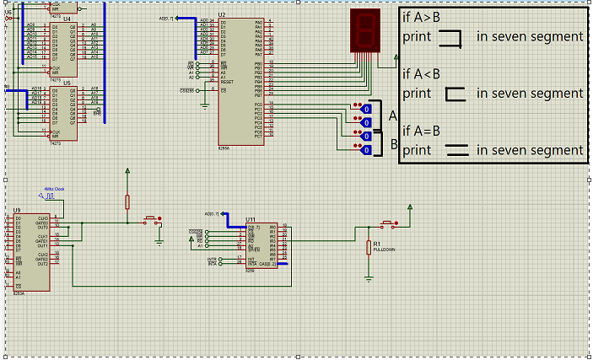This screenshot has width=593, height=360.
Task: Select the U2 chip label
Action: click(222, 14)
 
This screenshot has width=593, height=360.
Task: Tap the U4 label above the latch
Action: click(67, 18)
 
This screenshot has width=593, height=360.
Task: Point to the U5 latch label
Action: click(67, 83)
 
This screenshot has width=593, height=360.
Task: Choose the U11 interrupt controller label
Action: click(251, 219)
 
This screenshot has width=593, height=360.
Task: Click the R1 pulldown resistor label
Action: click(376, 243)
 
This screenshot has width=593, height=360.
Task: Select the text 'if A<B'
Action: click(421, 74)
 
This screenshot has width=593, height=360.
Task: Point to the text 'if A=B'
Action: click(421, 131)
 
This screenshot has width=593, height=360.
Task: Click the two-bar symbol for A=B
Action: click(456, 151)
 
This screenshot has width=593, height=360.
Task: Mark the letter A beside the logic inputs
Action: click(391, 116)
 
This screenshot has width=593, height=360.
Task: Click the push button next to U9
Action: click(153, 220)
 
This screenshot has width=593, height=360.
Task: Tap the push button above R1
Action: click(387, 224)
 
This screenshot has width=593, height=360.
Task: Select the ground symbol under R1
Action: click(369, 276)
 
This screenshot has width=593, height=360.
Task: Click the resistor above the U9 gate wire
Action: click(127, 201)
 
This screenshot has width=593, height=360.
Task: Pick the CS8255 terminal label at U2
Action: click(186, 89)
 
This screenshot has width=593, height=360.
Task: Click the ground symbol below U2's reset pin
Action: click(204, 105)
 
